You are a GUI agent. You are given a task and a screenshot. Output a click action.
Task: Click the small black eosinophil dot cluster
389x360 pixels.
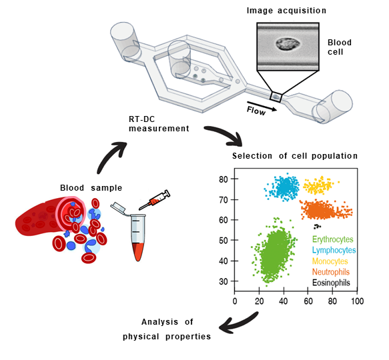point(316,227)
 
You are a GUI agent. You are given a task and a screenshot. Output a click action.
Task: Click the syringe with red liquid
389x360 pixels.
point(151,201)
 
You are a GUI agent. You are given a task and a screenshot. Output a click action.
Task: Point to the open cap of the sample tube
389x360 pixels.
point(118,208)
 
